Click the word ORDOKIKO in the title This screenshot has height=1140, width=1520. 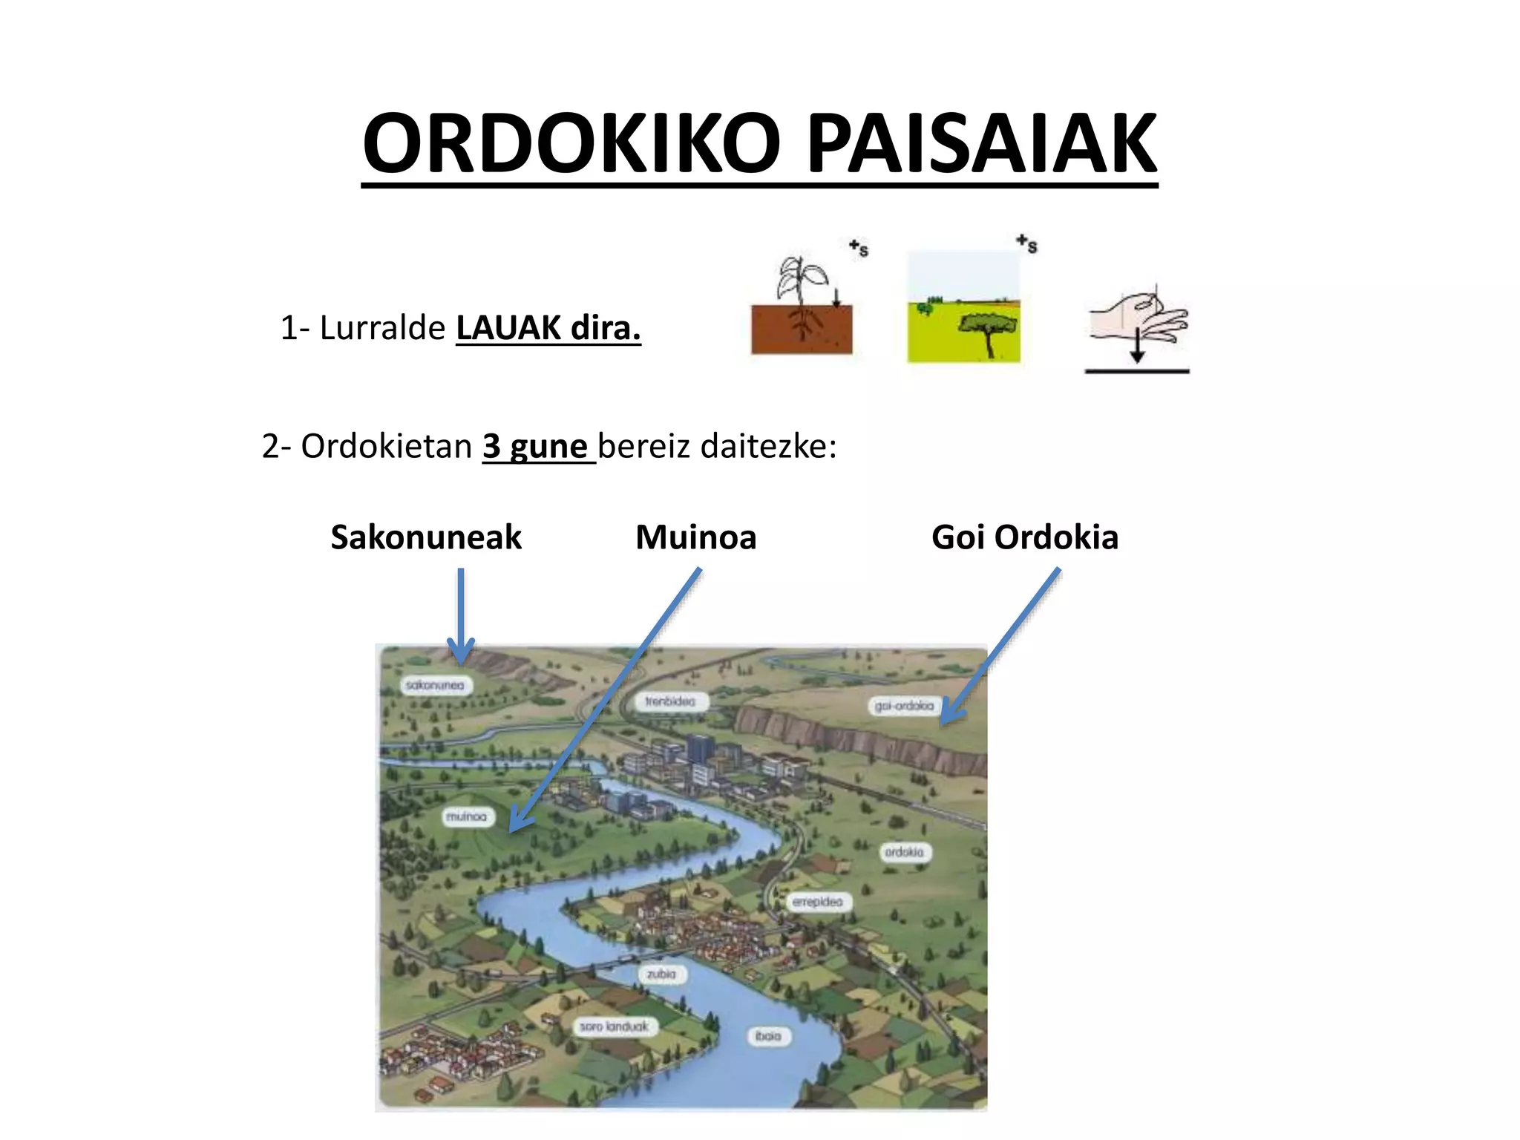coord(571,143)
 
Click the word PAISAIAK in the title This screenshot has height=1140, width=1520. coord(980,143)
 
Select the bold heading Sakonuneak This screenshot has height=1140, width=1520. coord(426,537)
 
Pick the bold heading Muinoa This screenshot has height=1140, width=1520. coord(695,537)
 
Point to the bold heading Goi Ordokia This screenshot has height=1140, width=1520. coord(1024,537)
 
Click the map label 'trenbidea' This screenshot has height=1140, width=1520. coord(670,701)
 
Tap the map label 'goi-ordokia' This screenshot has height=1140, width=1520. coord(904,705)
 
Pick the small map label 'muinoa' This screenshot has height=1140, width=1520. coord(466,816)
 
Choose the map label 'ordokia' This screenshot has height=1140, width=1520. coord(904,852)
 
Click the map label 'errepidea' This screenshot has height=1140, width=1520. coord(818,902)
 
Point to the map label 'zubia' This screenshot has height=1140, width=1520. coord(661,974)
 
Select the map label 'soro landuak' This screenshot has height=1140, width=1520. coord(614,1026)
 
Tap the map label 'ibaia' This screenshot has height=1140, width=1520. coord(768,1035)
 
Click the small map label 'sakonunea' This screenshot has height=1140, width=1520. coord(435,685)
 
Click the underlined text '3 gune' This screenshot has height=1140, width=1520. coord(536,447)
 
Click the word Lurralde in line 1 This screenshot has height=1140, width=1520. coord(381,328)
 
